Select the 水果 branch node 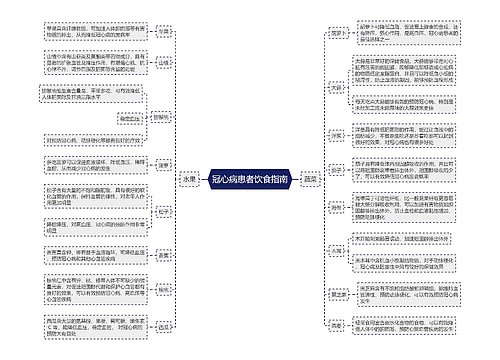(188, 180)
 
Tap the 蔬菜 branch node (311, 180)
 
